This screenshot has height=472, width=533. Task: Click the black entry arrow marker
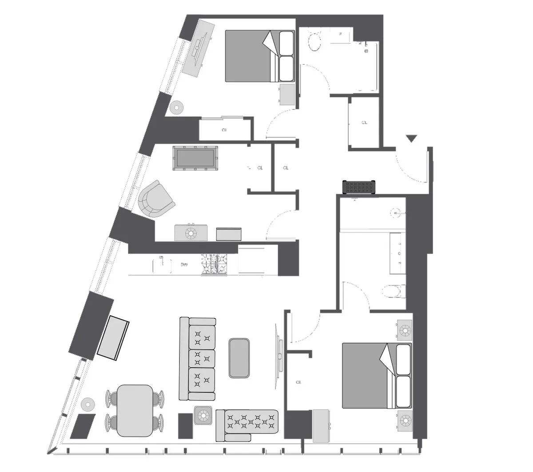click(412, 139)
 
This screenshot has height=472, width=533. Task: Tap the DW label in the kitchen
click(184, 265)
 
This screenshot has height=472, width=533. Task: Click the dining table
click(134, 410)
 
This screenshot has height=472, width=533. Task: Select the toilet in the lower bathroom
click(393, 291)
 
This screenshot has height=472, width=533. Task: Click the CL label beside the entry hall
click(364, 123)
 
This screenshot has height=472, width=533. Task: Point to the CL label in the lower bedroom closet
click(298, 382)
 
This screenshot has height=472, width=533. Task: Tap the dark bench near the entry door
click(359, 187)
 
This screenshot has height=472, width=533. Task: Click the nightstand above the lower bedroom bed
click(404, 330)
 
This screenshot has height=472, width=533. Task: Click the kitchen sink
click(162, 265)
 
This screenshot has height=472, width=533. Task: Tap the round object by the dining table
click(88, 404)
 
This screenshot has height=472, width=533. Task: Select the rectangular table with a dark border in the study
click(195, 158)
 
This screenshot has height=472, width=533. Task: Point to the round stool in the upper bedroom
click(177, 107)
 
